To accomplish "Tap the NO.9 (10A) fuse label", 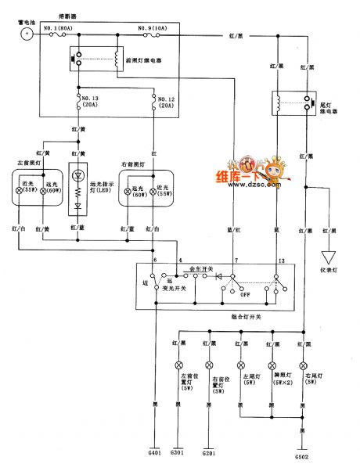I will coord(151,28).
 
